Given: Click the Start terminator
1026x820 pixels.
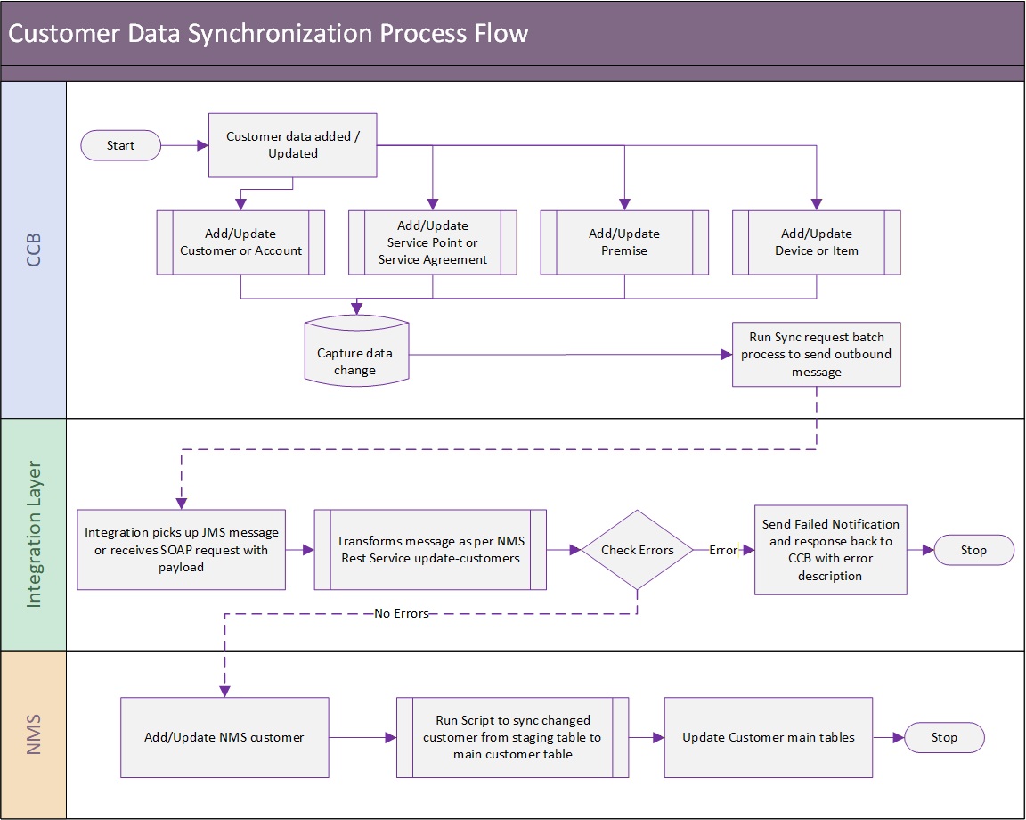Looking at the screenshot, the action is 120,145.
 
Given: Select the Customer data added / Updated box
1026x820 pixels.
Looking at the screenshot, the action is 292,145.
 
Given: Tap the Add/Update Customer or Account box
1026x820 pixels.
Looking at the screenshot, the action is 240,242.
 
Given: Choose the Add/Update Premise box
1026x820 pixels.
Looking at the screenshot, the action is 624,242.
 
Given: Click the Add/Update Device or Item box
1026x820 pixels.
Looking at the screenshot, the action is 817,242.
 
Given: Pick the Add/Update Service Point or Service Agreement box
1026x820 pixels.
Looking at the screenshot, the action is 433,242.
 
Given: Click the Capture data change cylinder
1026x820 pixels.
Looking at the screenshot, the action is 356,351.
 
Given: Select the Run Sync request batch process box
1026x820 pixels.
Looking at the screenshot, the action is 817,355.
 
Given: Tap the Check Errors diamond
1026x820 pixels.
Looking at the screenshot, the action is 638,550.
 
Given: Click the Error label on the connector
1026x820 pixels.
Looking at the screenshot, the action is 723,550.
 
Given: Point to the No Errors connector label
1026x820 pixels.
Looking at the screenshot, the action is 401,614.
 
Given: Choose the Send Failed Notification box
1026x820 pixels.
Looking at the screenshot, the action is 830,550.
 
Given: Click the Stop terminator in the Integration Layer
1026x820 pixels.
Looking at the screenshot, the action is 973,550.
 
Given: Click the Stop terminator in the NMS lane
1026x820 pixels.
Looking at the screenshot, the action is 944,737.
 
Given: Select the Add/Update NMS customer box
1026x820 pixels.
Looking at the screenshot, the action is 224,737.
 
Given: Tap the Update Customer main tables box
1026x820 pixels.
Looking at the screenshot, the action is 769,737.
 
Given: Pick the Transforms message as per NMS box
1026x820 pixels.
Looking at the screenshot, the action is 430,550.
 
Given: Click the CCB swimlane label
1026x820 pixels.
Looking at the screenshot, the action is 33,250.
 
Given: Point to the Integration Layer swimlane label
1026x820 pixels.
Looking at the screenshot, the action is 33,535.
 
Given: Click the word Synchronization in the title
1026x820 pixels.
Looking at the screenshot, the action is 280,33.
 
